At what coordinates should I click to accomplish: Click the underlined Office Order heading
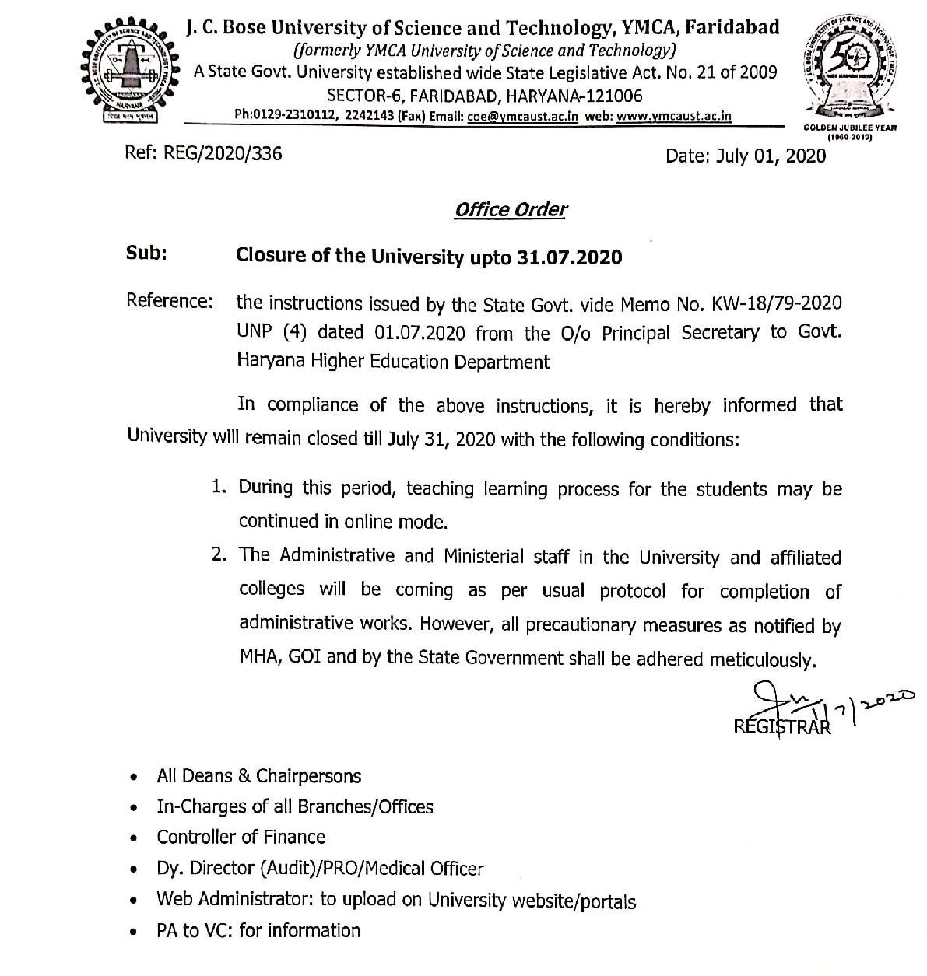pyautogui.click(x=511, y=210)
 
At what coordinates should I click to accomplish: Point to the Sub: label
pyautogui.click(x=147, y=254)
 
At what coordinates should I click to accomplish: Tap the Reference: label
pyautogui.click(x=170, y=301)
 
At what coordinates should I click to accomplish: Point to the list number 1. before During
pyautogui.click(x=219, y=488)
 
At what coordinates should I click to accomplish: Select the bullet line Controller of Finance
pyautogui.click(x=241, y=837)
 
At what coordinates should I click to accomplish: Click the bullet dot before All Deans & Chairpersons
pyautogui.click(x=136, y=777)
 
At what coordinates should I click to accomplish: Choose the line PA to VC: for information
pyautogui.click(x=258, y=930)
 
